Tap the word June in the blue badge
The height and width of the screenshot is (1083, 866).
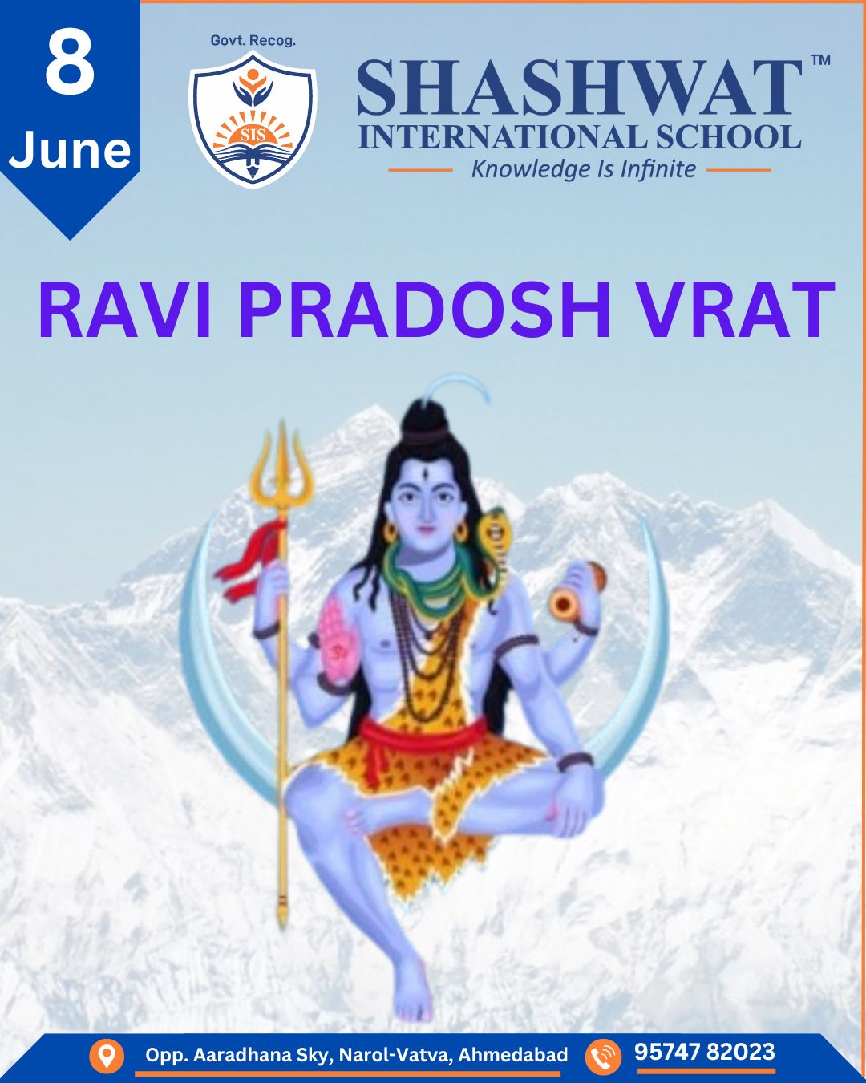pyautogui.click(x=70, y=149)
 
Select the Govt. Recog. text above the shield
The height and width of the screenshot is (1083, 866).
pyautogui.click(x=253, y=41)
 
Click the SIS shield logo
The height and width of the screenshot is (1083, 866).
pyautogui.click(x=253, y=120)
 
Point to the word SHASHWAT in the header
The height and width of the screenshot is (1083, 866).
pyautogui.click(x=579, y=87)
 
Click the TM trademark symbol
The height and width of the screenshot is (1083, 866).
pyautogui.click(x=821, y=60)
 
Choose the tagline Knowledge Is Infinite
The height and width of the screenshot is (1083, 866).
pyautogui.click(x=584, y=169)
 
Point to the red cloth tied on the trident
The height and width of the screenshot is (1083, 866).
pyautogui.click(x=249, y=560)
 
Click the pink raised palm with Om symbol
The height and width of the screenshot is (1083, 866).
pyautogui.click(x=336, y=640)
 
